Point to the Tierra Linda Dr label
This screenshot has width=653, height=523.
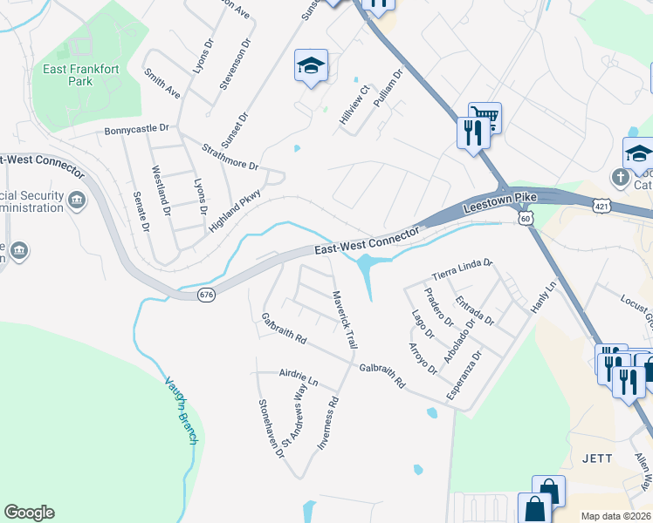pyautogui.click(x=463, y=265)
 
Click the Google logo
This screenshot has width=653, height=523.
pyautogui.click(x=29, y=513)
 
